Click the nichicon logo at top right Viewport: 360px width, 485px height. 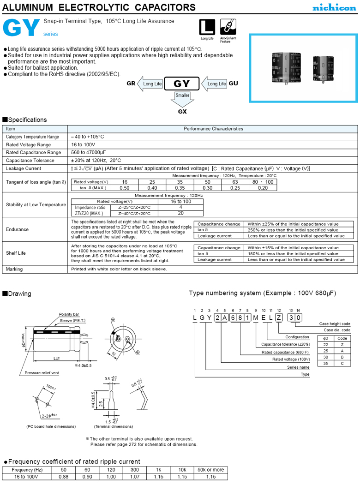tap(335, 7)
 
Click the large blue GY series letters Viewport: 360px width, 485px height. tap(21, 29)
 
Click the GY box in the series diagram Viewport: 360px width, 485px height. tap(180, 84)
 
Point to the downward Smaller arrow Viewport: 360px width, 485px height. tap(182, 97)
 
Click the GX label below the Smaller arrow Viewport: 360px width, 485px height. tap(182, 111)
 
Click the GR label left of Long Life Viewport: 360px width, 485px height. tap(131, 84)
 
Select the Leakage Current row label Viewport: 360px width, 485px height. tap(24, 169)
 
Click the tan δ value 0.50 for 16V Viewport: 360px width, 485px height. tap(125, 188)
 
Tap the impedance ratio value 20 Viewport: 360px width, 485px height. tap(180, 213)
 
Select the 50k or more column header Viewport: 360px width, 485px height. tap(211, 470)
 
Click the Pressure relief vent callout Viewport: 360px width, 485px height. tap(42, 372)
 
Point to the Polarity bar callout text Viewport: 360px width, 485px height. tap(69, 314)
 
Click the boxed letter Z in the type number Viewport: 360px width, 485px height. tap(278, 317)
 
